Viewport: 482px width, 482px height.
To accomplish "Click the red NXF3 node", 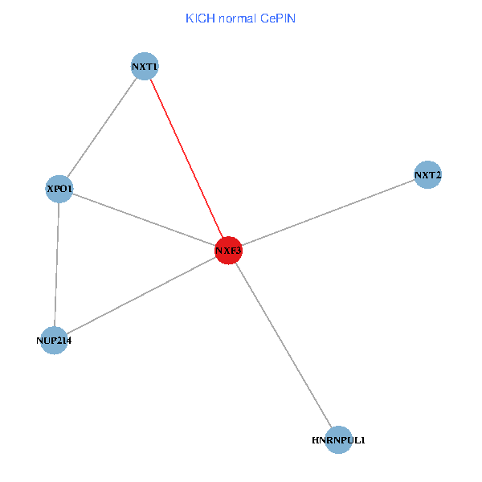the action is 228,251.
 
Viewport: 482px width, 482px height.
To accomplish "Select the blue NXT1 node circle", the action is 145,67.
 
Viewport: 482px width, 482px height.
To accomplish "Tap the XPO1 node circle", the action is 59,190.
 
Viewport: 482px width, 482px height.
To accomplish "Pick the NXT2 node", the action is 428,174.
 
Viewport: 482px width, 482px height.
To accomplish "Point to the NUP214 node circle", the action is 54,340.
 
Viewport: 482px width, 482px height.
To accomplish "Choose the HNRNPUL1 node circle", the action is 339,439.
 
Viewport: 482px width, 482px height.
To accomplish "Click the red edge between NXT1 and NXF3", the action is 186,159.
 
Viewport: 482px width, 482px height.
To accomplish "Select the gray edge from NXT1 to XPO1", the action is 102,129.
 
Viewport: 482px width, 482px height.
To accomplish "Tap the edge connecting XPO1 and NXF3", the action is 144,220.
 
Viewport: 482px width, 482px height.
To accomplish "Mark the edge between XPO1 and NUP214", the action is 57,265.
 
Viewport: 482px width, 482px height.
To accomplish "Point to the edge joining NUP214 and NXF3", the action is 141,296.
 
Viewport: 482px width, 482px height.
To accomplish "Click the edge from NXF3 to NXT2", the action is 328,213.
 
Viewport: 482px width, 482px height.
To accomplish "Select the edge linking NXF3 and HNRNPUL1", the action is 284,345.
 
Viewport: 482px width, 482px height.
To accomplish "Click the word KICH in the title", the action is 199,18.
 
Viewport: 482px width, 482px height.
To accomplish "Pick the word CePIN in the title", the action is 277,18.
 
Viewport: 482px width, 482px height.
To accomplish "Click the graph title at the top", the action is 240,18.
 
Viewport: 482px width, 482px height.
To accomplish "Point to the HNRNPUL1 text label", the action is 339,440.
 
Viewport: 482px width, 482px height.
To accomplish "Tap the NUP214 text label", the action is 54,341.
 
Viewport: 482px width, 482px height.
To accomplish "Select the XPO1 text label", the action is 59,190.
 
